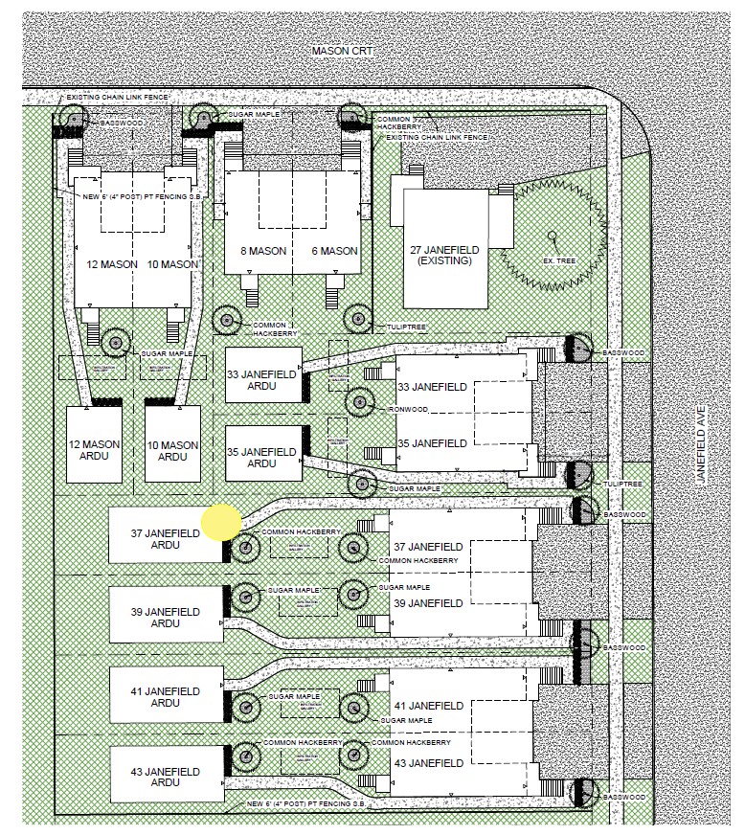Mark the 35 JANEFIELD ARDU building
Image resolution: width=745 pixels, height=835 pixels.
point(262,455)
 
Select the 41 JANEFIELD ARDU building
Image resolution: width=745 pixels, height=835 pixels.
point(166,696)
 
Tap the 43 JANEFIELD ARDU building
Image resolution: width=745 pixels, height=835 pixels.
point(166,773)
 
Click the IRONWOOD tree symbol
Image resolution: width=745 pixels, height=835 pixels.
point(360,402)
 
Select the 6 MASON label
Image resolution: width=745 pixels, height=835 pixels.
point(334,252)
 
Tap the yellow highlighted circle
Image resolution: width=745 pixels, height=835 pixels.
point(221,523)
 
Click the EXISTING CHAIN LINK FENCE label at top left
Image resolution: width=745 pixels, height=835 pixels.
point(113,98)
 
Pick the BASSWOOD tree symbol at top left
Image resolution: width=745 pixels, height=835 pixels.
point(72,118)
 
